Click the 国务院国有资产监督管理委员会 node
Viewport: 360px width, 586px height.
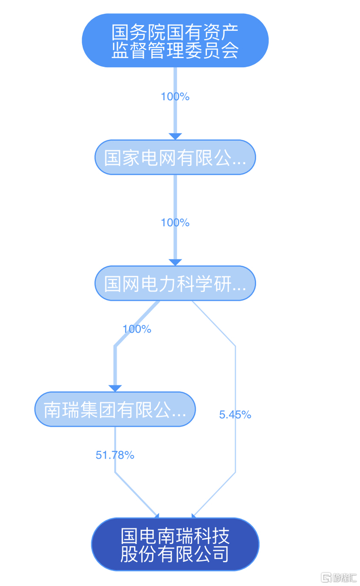pyautogui.click(x=175, y=41)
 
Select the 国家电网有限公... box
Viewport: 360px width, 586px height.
pyautogui.click(x=175, y=157)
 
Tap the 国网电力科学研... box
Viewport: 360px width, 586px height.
pyautogui.click(x=175, y=283)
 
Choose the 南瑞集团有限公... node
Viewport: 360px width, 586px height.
pyautogui.click(x=115, y=409)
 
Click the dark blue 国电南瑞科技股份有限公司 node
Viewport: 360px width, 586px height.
pyautogui.click(x=175, y=544)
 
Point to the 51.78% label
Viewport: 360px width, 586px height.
pyautogui.click(x=115, y=455)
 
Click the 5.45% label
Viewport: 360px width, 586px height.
pyautogui.click(x=235, y=414)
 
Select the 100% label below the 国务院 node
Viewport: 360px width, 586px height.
pyautogui.click(x=175, y=97)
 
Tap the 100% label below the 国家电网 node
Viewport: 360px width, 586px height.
pyautogui.click(x=175, y=223)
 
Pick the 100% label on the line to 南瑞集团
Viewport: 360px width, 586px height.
pyautogui.click(x=137, y=329)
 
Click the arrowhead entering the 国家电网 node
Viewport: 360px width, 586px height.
pyautogui.click(x=175, y=136)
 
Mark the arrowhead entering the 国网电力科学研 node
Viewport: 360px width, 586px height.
pyautogui.click(x=175, y=262)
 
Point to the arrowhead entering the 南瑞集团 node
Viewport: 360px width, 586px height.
pyautogui.click(x=115, y=388)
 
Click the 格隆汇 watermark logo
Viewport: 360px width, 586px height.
pyautogui.click(x=339, y=577)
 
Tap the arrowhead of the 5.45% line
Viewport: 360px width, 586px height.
pyautogui.click(x=194, y=516)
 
